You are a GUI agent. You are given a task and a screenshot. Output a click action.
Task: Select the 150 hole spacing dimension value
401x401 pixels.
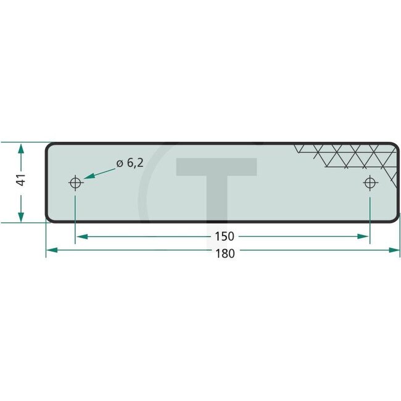click(225, 236)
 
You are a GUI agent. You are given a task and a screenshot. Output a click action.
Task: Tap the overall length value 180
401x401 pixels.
click(225, 253)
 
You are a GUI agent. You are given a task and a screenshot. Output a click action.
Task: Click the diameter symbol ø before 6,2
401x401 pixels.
click(120, 163)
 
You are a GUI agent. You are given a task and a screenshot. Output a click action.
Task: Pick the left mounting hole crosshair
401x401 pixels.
click(75, 183)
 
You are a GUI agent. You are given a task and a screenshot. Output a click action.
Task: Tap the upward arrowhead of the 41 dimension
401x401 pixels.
click(21, 149)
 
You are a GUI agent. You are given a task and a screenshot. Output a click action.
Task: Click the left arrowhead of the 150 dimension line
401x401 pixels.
click(81, 236)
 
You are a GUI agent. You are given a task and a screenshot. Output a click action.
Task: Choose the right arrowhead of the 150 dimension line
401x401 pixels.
click(364, 236)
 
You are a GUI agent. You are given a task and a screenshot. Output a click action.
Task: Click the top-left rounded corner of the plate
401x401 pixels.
click(49, 146)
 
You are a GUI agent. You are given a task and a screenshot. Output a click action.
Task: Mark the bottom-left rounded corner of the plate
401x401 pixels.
click(49, 217)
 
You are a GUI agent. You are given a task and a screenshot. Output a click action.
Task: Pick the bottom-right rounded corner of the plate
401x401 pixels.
click(395, 217)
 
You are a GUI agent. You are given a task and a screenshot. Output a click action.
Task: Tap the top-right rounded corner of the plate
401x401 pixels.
click(395, 146)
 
